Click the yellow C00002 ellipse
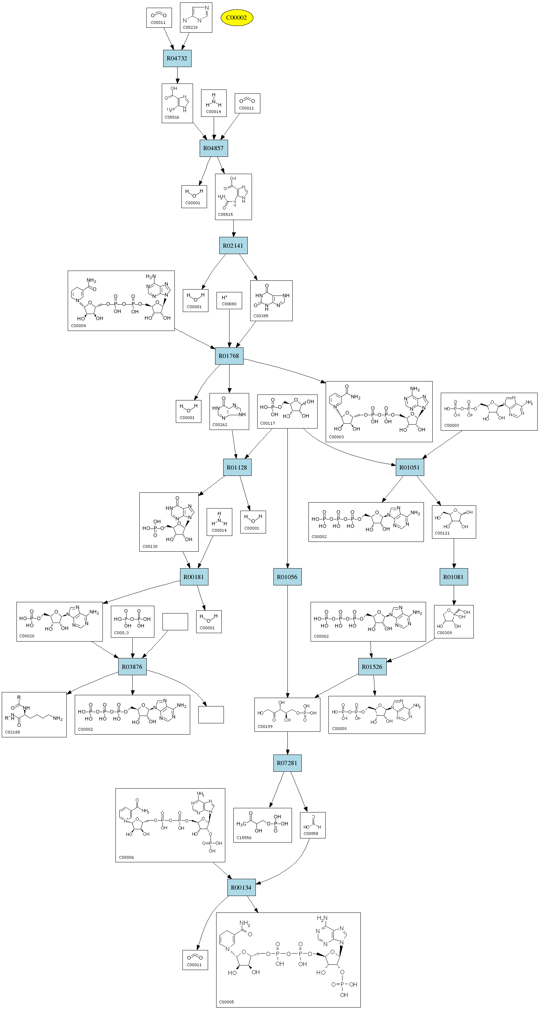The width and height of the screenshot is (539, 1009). [x=237, y=18]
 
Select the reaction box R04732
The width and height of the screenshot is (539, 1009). [x=177, y=58]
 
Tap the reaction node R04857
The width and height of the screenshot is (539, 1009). [x=213, y=148]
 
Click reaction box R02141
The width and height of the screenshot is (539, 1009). [x=233, y=246]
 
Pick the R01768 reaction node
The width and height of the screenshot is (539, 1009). [x=229, y=356]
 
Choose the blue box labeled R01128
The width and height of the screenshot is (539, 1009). [x=237, y=467]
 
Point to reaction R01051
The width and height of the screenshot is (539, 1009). [x=410, y=467]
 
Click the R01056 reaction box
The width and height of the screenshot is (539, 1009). [x=287, y=577]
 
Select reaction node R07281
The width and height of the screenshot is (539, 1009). [x=287, y=763]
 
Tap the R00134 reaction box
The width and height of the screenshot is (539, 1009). [x=241, y=887]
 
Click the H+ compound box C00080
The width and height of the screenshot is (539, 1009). [x=229, y=300]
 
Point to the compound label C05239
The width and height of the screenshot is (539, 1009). [x=190, y=27]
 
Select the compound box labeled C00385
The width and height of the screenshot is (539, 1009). [x=271, y=300]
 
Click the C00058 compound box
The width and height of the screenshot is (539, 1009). [x=313, y=825]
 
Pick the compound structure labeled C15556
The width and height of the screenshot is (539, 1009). [x=262, y=825]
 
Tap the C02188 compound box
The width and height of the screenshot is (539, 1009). [x=34, y=715]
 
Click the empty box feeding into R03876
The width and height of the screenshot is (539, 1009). [x=175, y=622]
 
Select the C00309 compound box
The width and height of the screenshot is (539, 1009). [x=454, y=622]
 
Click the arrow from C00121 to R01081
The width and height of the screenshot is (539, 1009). [x=454, y=553]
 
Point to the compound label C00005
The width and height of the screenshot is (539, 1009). [x=226, y=1002]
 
